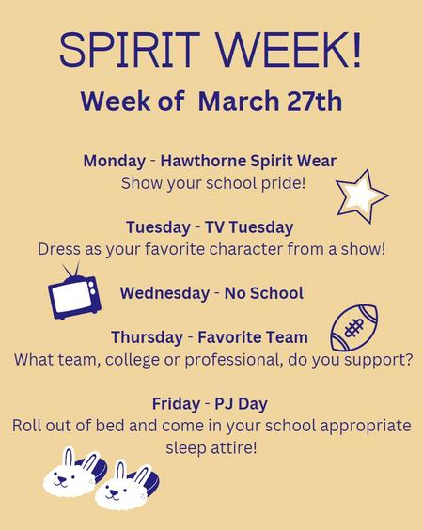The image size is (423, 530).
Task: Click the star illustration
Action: click(x=361, y=195)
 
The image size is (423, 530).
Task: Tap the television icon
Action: click(x=74, y=291)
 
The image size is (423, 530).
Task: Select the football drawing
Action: click(x=354, y=327)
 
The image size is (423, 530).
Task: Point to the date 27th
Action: click(x=315, y=101)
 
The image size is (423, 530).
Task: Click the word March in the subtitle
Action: click(x=239, y=101)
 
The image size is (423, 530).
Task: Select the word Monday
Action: click(x=115, y=161)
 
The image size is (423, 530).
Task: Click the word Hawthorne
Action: click(x=203, y=161)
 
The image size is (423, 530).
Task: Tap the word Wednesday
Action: click(x=164, y=293)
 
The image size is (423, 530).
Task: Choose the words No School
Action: click(x=264, y=293)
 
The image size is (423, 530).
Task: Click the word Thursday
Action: click(x=147, y=337)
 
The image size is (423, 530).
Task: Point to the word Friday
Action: click(x=176, y=403)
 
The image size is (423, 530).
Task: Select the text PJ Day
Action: click(x=241, y=404)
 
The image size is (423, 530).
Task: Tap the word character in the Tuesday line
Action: click(x=246, y=249)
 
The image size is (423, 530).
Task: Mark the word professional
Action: click(x=234, y=360)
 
